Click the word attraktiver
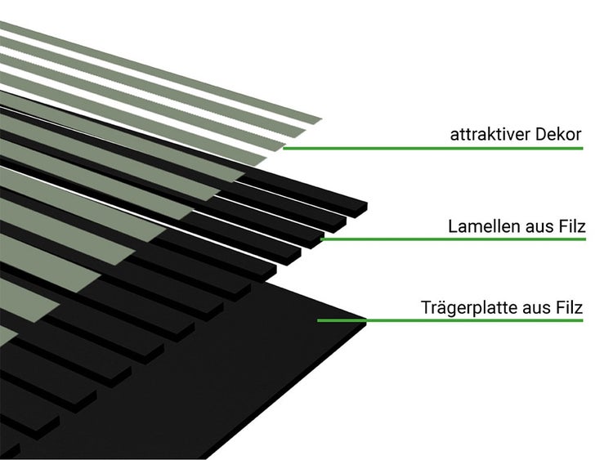click(490, 135)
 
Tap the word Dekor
click(559, 135)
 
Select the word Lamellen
click(484, 226)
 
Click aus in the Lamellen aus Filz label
click(537, 228)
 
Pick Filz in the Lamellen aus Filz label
click(570, 226)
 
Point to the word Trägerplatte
click(469, 307)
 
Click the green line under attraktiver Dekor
click(433, 148)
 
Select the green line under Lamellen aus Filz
click(453, 239)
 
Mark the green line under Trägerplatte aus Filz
click(450, 320)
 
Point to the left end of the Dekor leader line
click(284, 148)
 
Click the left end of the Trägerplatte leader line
click(318, 320)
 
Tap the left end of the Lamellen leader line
click(321, 239)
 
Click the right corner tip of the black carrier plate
click(366, 321)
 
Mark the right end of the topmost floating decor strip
click(321, 119)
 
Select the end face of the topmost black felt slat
click(360, 210)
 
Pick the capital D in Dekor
click(541, 135)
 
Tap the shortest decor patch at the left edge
click(7, 337)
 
